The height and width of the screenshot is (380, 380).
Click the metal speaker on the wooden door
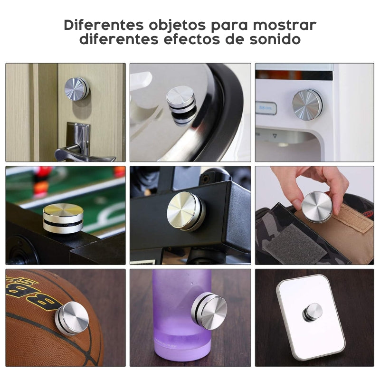point(76,89)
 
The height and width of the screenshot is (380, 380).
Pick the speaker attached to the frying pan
point(181,104)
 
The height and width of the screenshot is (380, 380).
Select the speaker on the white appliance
point(306,104)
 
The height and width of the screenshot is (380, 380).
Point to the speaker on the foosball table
point(63,218)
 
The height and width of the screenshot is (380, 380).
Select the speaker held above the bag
point(317,207)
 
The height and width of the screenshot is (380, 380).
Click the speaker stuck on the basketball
point(72,318)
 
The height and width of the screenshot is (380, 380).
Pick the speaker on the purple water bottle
point(209,311)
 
